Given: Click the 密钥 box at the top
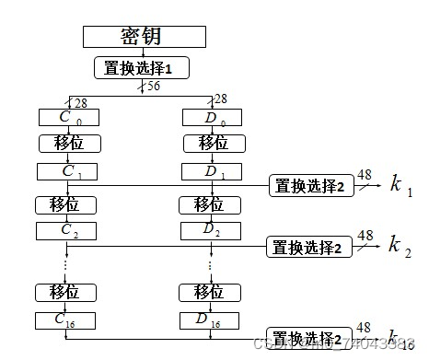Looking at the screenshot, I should (142, 37).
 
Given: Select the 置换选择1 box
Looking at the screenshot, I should (141, 67).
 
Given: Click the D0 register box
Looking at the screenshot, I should (212, 118).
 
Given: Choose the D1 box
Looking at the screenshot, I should (212, 171).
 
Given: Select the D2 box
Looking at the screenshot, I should (212, 230).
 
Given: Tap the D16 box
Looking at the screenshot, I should (212, 320).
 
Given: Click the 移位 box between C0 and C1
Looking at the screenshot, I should (69, 144).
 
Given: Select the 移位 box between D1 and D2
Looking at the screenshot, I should (212, 203).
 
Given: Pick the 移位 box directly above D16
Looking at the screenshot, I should (212, 292).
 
